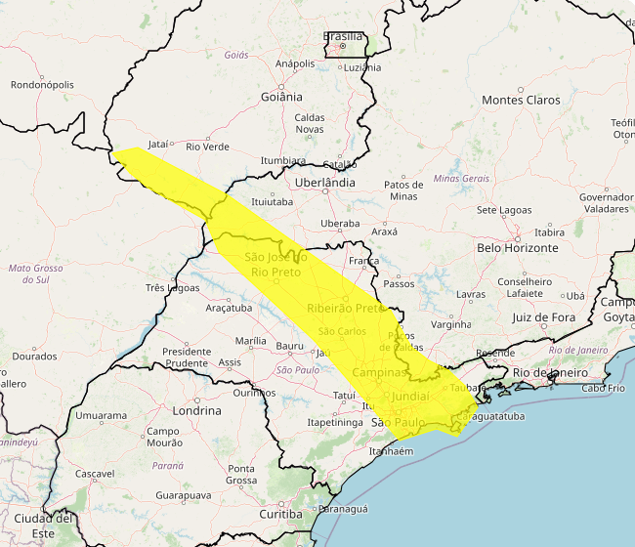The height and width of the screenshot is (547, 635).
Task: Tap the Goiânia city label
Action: [281, 97]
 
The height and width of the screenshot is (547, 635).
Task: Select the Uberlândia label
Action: [325, 183]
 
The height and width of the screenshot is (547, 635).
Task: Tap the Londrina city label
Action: [195, 411]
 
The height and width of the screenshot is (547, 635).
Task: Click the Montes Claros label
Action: [521, 101]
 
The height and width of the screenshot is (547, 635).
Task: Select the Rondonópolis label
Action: [42, 85]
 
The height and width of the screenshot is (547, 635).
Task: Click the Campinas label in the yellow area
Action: [380, 373]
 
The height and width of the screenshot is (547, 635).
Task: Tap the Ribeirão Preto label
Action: [347, 309]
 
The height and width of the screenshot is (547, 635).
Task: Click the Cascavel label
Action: [95, 474]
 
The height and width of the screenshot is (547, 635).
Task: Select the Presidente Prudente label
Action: [187, 358]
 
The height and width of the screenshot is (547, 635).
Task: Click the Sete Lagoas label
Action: [503, 211]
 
